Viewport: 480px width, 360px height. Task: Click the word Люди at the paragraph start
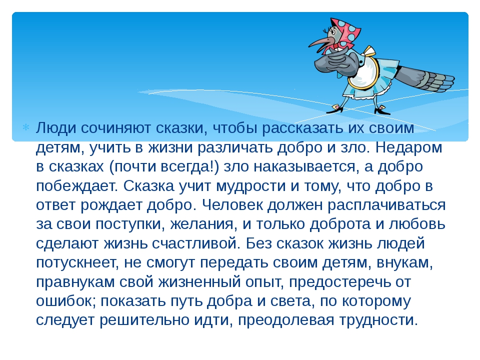point(55,128)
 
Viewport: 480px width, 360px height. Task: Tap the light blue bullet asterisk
point(25,127)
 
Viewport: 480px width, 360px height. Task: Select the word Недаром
point(408,147)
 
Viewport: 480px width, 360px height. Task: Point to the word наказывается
point(306,167)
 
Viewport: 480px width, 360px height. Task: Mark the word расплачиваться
point(386,205)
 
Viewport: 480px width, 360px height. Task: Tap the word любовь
point(417,224)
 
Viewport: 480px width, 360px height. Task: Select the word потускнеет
point(77,263)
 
